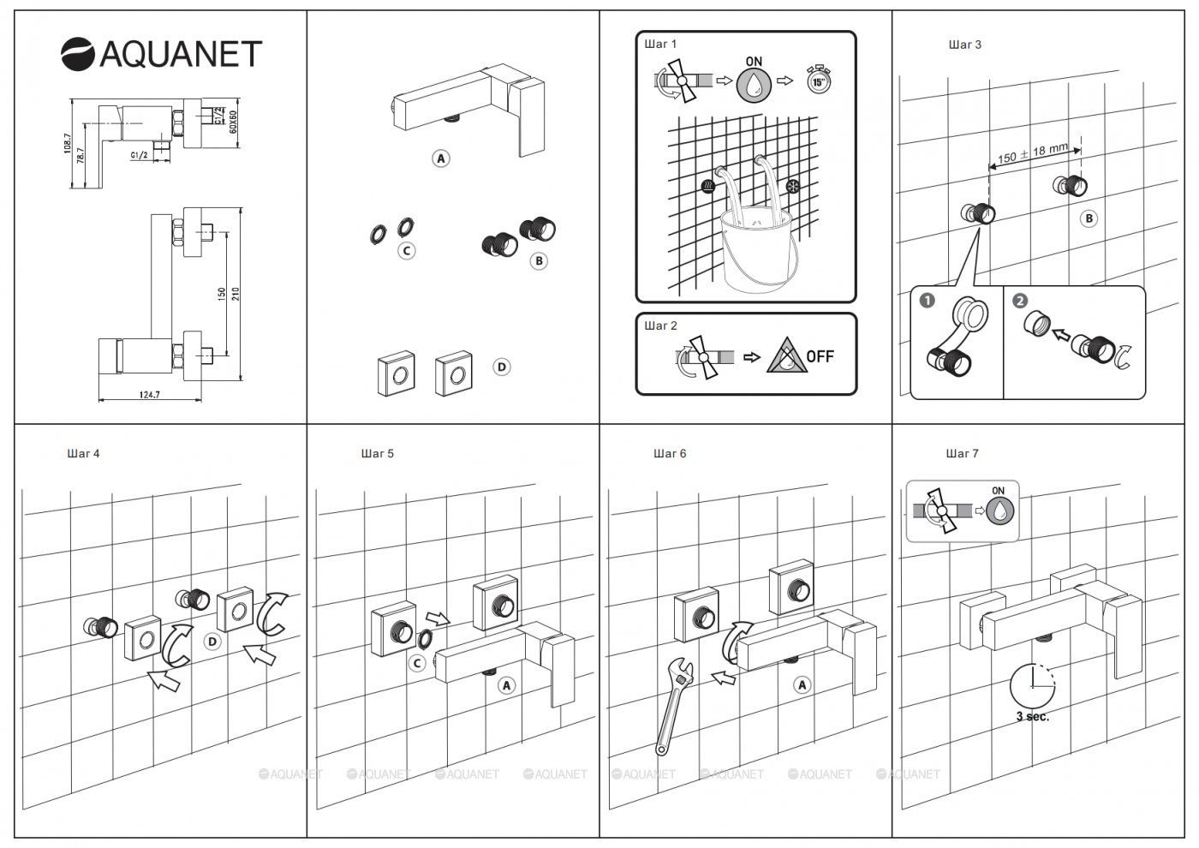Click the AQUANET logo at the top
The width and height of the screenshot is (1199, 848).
click(161, 53)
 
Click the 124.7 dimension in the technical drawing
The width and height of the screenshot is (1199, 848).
click(149, 394)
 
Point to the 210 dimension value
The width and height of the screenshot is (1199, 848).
click(236, 293)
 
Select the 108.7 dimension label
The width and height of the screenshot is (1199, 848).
click(68, 143)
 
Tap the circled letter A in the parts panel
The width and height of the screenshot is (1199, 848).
click(441, 158)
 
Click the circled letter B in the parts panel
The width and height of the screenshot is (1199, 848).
click(539, 260)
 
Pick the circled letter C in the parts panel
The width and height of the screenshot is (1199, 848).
click(407, 251)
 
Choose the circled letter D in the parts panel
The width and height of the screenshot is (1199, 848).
click(502, 367)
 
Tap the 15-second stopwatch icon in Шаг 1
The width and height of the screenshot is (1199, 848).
click(819, 81)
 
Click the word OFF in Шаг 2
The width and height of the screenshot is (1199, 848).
click(820, 356)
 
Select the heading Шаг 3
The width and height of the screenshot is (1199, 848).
click(965, 45)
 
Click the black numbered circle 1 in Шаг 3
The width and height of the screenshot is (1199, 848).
click(927, 301)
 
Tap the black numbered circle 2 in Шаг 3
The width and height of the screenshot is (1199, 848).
click(1019, 301)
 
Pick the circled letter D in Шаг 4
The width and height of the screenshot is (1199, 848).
click(212, 641)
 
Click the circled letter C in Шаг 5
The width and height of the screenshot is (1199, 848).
click(417, 662)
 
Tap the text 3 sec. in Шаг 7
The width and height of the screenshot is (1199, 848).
click(1032, 717)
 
